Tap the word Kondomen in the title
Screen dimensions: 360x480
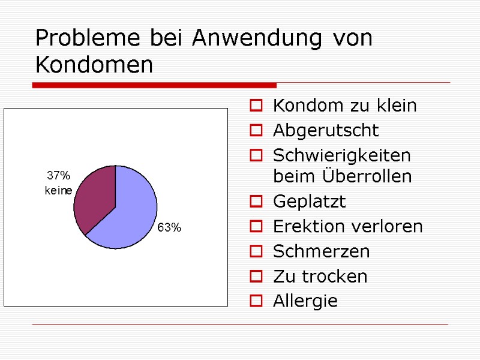point(94,65)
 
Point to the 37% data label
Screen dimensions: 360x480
point(58,176)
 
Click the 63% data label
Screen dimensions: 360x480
point(169,228)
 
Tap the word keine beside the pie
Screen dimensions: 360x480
point(58,191)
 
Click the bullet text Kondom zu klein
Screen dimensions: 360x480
point(344,106)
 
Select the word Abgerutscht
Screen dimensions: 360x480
point(325,130)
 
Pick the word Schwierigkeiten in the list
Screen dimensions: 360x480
point(341,155)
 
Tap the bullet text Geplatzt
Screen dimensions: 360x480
point(309,202)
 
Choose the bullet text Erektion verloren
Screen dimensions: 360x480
point(347,226)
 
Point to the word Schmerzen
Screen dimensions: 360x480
point(321,251)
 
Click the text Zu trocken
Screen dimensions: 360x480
point(320,276)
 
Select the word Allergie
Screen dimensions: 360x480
point(305,301)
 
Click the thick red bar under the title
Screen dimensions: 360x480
point(154,86)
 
